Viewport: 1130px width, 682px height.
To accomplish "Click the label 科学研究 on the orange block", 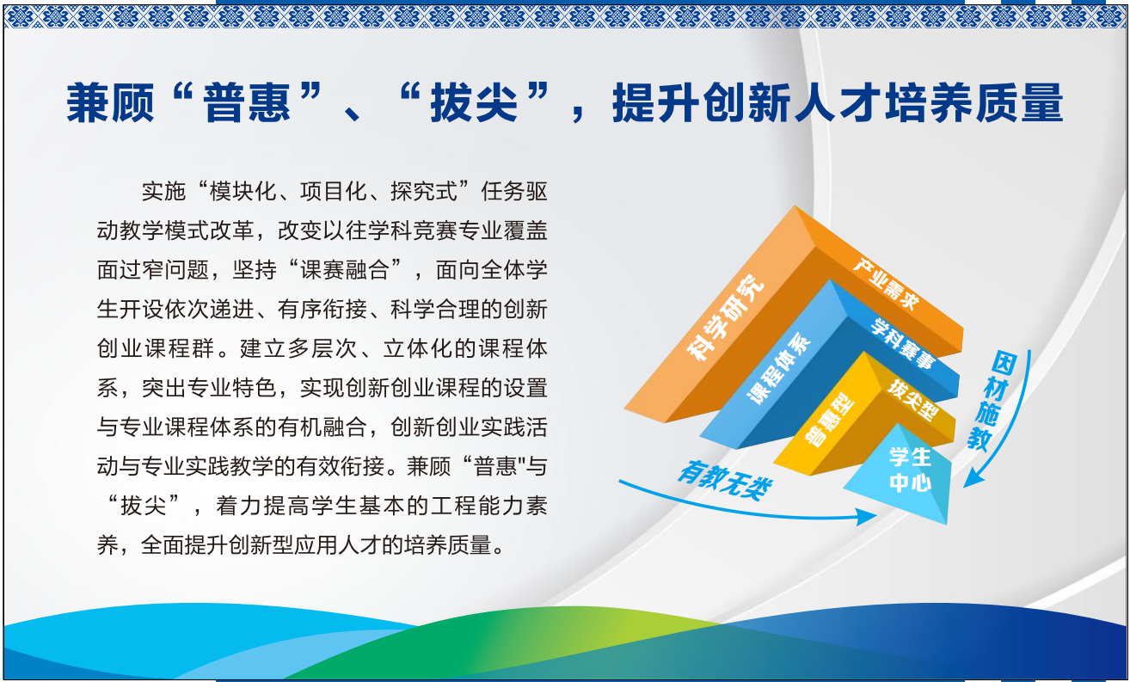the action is pos(727,317).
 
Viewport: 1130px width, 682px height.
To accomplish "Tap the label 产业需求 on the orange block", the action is pos(887,284).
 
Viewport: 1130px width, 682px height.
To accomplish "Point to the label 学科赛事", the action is pos(904,343).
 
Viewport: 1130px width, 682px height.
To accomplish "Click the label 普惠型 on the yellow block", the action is pos(829,419).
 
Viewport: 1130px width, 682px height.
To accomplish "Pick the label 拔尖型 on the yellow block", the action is pos(913,399).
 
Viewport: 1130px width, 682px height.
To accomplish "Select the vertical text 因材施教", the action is pos(992,401).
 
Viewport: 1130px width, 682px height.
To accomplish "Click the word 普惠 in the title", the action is pos(247,103).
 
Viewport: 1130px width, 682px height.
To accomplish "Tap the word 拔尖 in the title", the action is pos(474,103).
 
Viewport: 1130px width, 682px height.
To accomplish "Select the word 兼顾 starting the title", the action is pos(110,103).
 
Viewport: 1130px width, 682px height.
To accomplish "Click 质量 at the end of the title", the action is pos(1019,103).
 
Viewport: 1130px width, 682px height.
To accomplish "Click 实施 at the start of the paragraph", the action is pos(164,192).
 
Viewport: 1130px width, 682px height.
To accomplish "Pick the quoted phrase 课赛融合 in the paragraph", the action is pos(345,270).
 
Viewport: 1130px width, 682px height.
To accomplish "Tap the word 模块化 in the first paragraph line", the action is pos(243,192).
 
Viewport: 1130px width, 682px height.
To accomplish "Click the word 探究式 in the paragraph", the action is pos(424,192).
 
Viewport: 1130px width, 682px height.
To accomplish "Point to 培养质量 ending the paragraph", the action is pos(446,545).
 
